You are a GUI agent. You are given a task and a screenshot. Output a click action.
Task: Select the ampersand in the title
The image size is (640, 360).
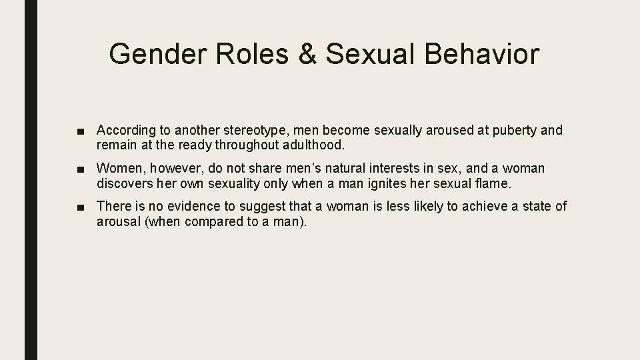(307, 53)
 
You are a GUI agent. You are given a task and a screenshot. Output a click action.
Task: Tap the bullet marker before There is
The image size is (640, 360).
(81, 207)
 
